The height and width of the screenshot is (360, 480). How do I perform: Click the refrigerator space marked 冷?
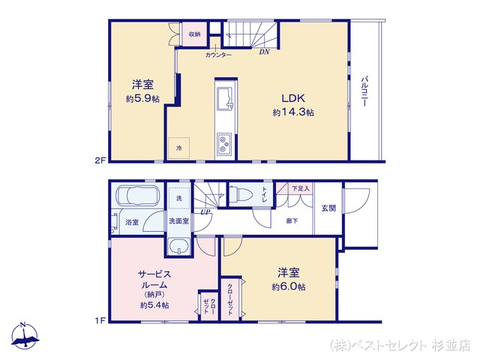tap(178, 148)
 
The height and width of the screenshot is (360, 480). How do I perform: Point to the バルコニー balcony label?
tap(364, 91)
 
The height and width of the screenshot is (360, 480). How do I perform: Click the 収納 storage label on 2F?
tap(194, 34)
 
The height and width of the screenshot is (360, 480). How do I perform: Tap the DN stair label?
tap(264, 52)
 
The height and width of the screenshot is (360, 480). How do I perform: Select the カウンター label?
tap(218, 55)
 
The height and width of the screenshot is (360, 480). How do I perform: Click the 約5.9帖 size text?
tap(142, 98)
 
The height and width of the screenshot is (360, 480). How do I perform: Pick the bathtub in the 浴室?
tap(136, 195)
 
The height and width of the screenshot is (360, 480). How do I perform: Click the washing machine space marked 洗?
tap(179, 198)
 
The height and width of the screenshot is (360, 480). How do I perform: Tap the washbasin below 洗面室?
tap(179, 246)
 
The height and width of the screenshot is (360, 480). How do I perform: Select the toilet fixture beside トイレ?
tap(241, 194)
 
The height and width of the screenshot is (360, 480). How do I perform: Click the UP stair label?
tap(205, 211)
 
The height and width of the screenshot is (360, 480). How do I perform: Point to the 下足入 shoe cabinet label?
tap(301, 188)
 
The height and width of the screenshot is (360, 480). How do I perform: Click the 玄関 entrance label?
tap(328, 208)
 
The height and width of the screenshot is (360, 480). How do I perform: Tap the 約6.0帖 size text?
tap(289, 286)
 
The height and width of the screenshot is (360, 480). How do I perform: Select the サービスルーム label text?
tap(154, 279)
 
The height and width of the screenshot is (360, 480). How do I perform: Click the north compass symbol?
tap(25, 336)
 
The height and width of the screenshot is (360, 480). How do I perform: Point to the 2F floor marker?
tap(100, 160)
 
